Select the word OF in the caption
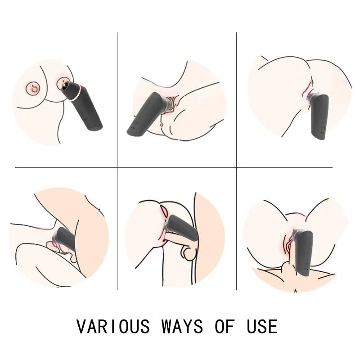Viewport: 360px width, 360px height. click(x=225, y=326)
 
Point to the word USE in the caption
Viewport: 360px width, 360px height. click(x=262, y=326)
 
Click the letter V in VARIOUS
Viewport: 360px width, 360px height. click(x=81, y=326)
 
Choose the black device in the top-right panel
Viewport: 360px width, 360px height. click(x=319, y=116)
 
